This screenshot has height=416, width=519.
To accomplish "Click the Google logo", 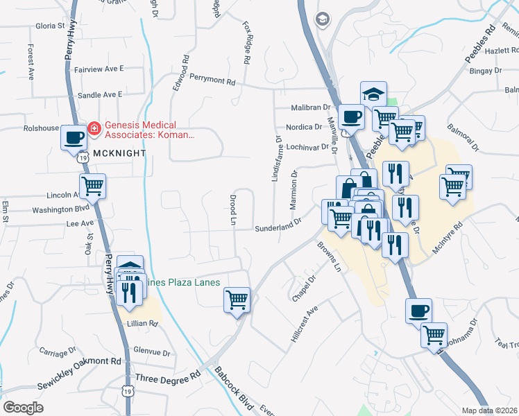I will pyautogui.click(x=23, y=408).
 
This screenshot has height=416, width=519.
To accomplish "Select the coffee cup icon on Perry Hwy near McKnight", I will pyautogui.click(x=74, y=137).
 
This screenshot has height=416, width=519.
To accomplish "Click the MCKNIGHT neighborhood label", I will pyautogui.click(x=116, y=153).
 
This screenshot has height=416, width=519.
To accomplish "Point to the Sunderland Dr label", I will pyautogui.click(x=278, y=227).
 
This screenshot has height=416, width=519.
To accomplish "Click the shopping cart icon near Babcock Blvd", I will pyautogui.click(x=237, y=300).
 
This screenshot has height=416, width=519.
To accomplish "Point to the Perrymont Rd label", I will pyautogui.click(x=212, y=81).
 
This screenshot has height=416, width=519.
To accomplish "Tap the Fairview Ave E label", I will pyautogui.click(x=98, y=69).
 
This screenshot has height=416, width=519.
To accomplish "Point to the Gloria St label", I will pyautogui.click(x=49, y=26).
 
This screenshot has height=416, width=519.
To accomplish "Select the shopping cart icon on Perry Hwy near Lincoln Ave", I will pyautogui.click(x=93, y=186).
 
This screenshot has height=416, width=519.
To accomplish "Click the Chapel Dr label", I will pyautogui.click(x=304, y=288).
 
